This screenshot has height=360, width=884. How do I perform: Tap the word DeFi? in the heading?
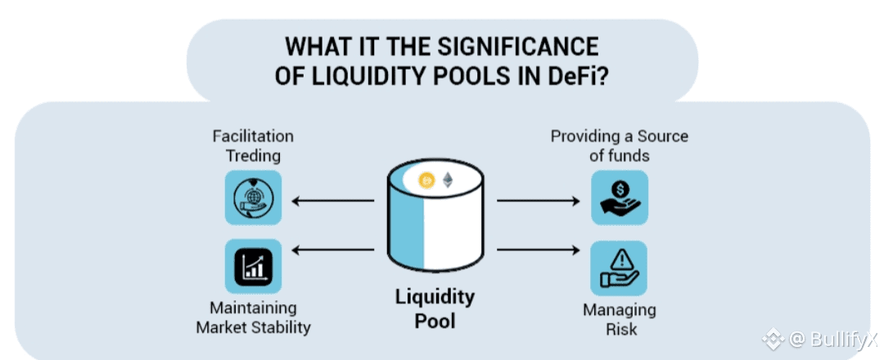(x=575, y=76)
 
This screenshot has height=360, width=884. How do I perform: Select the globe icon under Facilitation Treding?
(x=253, y=197)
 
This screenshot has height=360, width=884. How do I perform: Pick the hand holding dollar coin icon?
(x=620, y=197)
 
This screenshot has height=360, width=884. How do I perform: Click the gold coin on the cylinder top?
(x=426, y=181)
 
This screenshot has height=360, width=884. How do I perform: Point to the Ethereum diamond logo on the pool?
(x=448, y=181)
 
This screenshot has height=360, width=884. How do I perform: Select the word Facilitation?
(x=253, y=136)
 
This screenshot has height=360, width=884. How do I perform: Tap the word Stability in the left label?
(x=282, y=328)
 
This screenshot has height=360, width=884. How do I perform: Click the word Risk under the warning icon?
(x=620, y=330)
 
